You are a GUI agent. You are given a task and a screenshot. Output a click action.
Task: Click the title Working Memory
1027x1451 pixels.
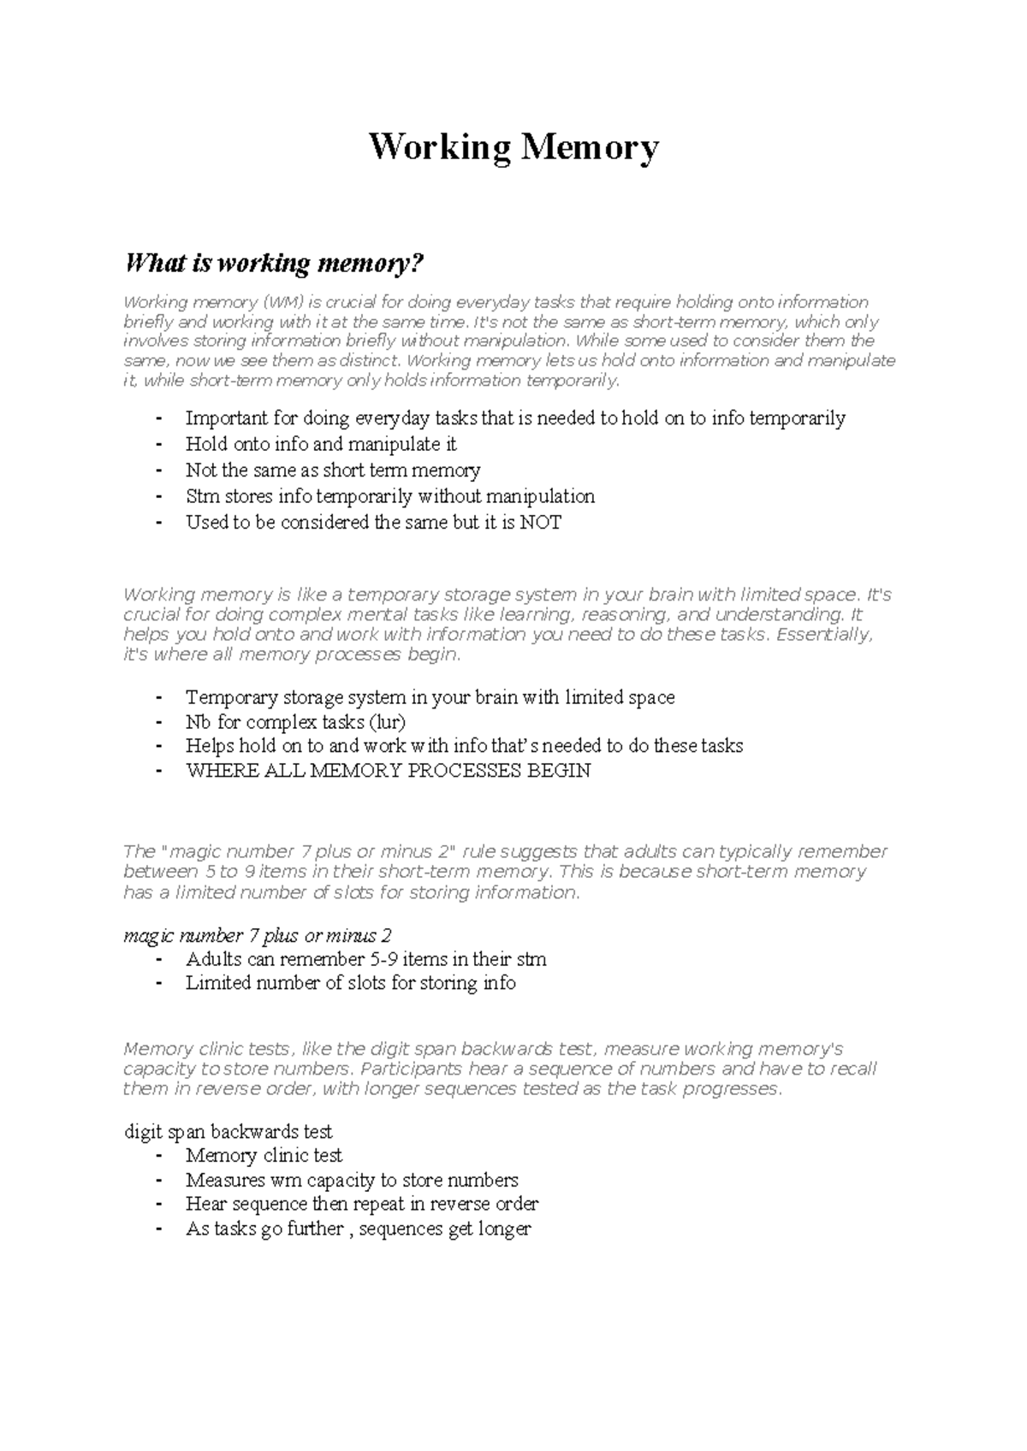[513, 147]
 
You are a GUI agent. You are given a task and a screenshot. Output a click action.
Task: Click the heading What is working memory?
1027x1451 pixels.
[274, 263]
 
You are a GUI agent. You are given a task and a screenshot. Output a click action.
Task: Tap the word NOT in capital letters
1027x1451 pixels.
[541, 523]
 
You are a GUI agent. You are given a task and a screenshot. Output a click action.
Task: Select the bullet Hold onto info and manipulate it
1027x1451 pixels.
[321, 445]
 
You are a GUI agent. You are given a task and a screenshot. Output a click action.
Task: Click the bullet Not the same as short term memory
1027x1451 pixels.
[333, 471]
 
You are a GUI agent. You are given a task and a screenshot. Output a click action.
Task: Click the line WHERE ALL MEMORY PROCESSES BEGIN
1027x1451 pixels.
[388, 771]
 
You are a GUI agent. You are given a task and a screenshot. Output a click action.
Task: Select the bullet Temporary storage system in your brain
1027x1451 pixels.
[430, 698]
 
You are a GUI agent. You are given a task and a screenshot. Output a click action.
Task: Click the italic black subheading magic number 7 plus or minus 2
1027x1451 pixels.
[258, 936]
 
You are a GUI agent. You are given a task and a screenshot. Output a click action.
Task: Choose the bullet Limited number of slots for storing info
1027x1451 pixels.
[350, 984]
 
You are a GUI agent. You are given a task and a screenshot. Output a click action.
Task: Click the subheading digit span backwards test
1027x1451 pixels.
[229, 1132]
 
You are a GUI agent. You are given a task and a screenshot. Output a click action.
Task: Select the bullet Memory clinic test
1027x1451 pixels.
[264, 1156]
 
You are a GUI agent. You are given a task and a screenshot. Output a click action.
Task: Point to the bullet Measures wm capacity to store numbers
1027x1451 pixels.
[352, 1181]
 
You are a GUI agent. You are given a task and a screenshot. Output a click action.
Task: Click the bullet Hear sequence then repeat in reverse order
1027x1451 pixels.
[361, 1205]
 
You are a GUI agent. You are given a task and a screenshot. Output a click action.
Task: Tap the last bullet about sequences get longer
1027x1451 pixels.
[358, 1229]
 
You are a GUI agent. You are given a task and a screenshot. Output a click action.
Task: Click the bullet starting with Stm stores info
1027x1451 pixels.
[389, 497]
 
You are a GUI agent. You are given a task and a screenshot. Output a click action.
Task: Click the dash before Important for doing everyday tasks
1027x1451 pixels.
[158, 419]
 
